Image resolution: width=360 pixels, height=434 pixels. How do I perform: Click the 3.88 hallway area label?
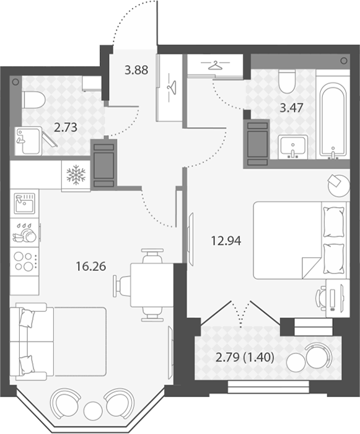pyautogui.click(x=136, y=70)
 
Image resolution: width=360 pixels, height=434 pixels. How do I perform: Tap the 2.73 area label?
pyautogui.click(x=66, y=128)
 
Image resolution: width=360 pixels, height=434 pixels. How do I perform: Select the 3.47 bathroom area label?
pyautogui.click(x=292, y=108)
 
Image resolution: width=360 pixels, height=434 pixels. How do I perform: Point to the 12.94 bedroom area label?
pyautogui.click(x=226, y=241)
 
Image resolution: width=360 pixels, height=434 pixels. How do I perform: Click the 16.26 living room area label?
pyautogui.click(x=91, y=266)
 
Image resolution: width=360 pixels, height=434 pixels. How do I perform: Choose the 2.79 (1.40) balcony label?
pyautogui.click(x=245, y=358)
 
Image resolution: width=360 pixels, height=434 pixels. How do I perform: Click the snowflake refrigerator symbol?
pyautogui.click(x=76, y=175)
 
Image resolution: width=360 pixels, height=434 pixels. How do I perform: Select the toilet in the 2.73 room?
pyautogui.click(x=33, y=100)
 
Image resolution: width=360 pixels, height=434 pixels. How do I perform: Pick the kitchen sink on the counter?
pyautogui.click(x=25, y=203)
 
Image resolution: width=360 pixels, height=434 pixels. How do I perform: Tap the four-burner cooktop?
pyautogui.click(x=25, y=262)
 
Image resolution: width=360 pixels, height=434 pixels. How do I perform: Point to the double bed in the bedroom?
pyautogui.click(x=300, y=240)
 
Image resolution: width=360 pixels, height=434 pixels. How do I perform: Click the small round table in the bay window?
pyautogui.click(x=92, y=409)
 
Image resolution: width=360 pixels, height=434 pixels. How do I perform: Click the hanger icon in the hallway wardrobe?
pyautogui.click(x=172, y=87)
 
